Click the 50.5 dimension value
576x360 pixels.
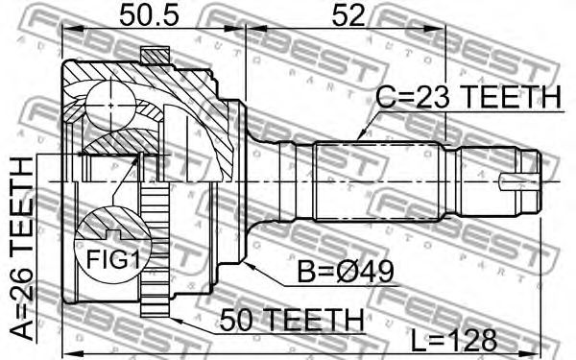click(149, 16)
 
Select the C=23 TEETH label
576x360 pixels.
click(468, 97)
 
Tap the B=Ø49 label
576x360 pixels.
click(346, 273)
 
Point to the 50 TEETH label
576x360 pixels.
click(291, 320)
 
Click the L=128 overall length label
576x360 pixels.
click(454, 340)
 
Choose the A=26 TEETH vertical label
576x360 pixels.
click(22, 249)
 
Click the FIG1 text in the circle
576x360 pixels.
click(112, 260)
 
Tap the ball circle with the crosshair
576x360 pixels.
click(111, 106)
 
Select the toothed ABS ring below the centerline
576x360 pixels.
click(155, 249)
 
